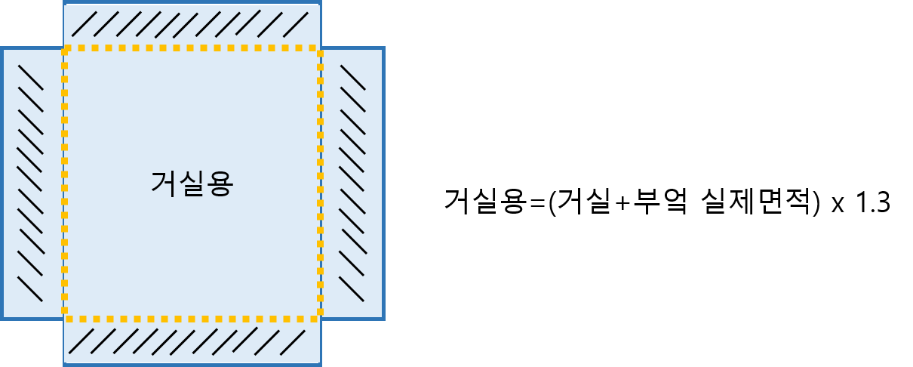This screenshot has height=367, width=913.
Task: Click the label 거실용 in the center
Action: [192, 183]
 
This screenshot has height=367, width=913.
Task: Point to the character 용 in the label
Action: [220, 183]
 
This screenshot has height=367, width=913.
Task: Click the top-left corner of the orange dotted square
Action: [65, 48]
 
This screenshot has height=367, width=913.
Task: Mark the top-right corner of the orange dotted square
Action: [320, 48]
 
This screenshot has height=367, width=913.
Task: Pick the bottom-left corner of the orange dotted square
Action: [65, 319]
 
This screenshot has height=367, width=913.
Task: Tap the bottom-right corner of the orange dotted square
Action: [320, 319]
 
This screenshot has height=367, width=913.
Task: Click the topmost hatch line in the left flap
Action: [31, 77]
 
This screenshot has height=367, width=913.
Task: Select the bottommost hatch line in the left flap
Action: [30, 288]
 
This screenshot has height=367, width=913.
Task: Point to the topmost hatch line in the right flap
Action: [352, 77]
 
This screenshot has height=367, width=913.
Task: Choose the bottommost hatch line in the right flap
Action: [352, 288]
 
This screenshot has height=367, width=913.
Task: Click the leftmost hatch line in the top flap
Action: [85, 23]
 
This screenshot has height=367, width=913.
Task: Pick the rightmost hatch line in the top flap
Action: [296, 24]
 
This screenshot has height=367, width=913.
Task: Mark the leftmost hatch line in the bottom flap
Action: [81, 341]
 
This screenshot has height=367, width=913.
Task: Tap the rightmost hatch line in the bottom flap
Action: [293, 342]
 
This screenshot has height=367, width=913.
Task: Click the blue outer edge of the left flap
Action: [2, 183]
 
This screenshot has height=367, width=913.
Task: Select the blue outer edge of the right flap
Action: [383, 183]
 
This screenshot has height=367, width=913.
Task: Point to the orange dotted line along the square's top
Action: [192, 48]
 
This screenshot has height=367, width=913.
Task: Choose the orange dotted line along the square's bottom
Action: [192, 319]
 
